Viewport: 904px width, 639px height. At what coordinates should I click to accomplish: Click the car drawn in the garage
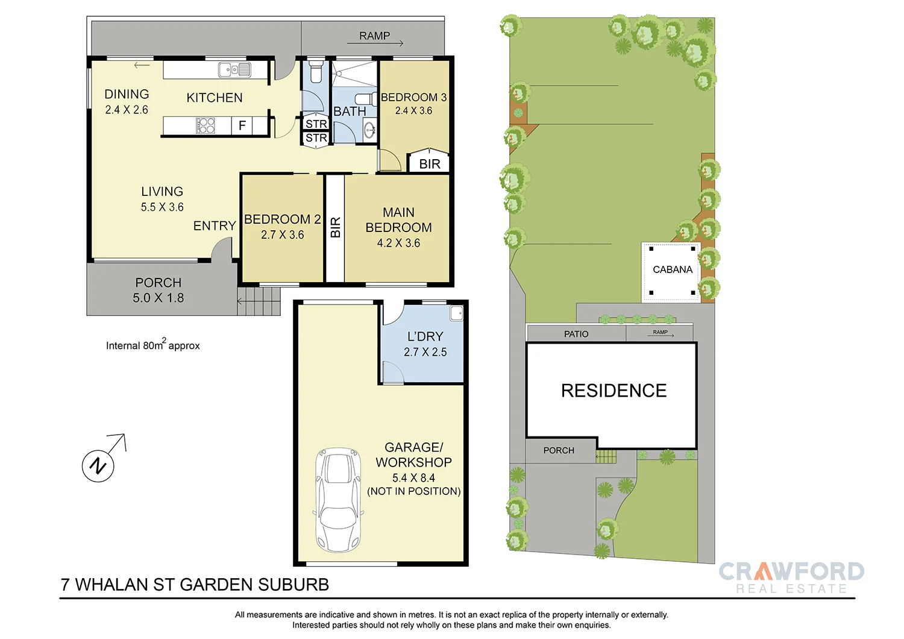click(x=339, y=500)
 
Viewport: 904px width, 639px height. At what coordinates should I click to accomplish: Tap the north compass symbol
click(x=98, y=465)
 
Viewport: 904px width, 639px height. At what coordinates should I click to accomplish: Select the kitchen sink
click(x=234, y=70)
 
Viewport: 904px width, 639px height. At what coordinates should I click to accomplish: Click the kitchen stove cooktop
click(x=206, y=125)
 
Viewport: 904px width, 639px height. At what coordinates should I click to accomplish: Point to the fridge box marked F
click(x=242, y=125)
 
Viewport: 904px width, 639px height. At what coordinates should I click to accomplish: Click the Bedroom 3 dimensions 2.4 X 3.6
click(x=413, y=111)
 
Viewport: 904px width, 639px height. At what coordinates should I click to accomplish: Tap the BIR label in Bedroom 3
click(x=430, y=164)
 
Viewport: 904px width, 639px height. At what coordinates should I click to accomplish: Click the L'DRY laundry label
click(x=425, y=336)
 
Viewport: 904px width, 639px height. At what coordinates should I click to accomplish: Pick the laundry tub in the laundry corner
click(x=456, y=313)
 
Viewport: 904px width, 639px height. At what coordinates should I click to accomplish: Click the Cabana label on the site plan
click(x=673, y=269)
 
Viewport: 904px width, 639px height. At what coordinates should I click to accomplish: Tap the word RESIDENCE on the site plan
click(x=614, y=391)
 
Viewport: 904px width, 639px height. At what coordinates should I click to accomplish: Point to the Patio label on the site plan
click(x=576, y=334)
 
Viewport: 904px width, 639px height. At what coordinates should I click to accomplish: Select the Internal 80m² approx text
click(x=152, y=345)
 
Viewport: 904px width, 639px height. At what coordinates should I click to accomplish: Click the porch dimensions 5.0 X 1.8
click(x=158, y=298)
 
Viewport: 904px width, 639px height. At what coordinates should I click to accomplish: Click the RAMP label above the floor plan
click(x=374, y=36)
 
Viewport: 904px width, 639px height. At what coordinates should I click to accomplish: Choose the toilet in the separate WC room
click(x=316, y=71)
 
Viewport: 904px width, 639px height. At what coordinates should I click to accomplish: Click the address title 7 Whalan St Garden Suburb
click(x=195, y=585)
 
